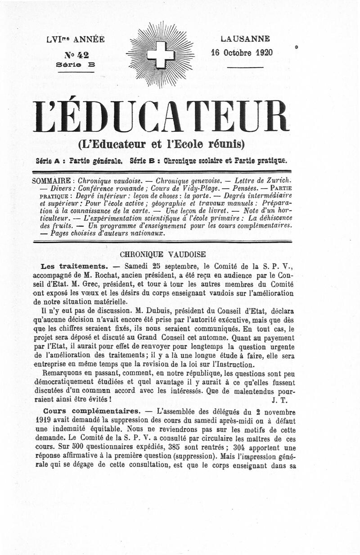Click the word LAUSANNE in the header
click(245, 39)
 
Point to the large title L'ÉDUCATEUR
click(160, 116)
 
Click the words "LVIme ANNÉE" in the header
click(75, 39)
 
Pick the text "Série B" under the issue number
click(76, 65)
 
